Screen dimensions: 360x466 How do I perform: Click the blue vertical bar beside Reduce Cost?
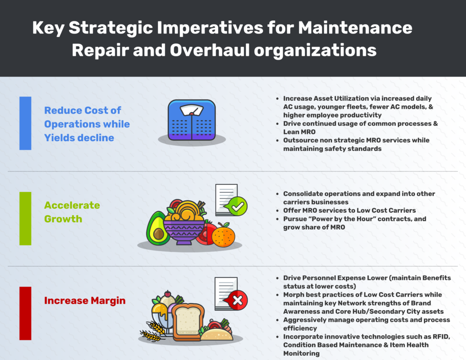pos(25,123)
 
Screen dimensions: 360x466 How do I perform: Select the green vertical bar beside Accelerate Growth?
pos(25,218)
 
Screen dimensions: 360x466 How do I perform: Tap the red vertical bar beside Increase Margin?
pos(25,313)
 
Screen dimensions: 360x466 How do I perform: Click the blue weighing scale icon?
pos(192,120)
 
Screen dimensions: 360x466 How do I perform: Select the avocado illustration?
pos(158,228)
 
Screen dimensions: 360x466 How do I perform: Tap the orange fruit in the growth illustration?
pos(224,234)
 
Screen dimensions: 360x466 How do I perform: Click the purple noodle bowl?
pos(184,228)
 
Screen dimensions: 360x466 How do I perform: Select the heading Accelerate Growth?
pos(72,212)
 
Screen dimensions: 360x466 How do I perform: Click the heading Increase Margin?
pos(84,300)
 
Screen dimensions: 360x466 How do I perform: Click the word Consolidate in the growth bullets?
pos(306,194)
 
